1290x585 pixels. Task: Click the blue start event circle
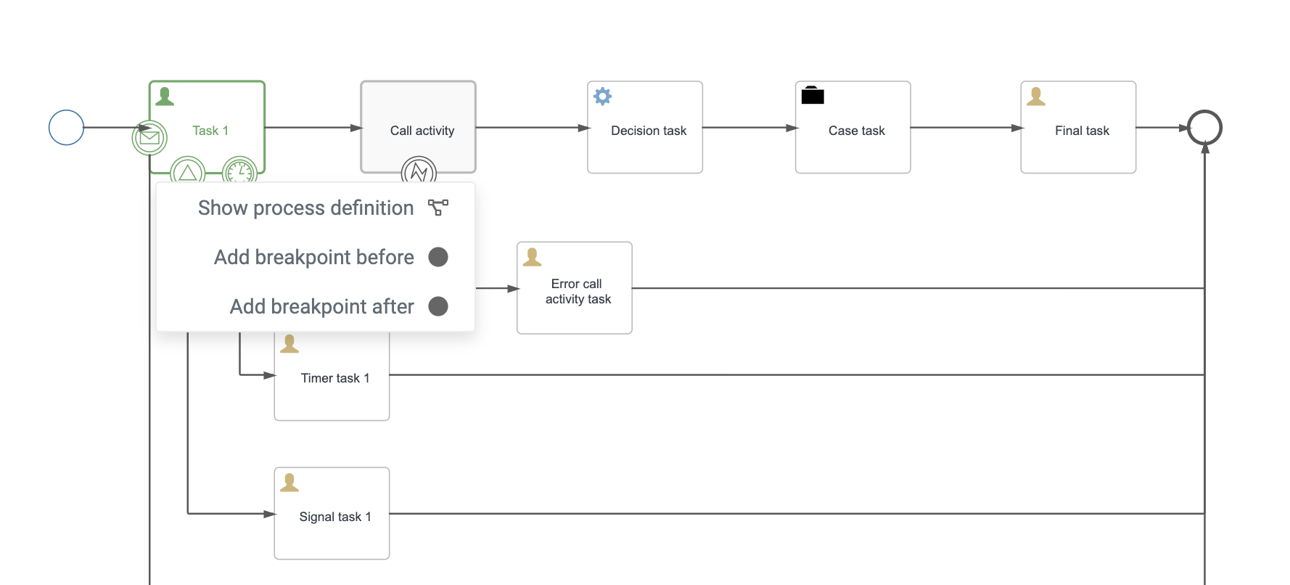(66, 128)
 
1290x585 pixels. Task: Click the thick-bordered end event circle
(1204, 128)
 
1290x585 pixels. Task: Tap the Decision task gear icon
(603, 97)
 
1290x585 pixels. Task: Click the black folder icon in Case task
(813, 96)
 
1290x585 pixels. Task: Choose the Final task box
(1078, 128)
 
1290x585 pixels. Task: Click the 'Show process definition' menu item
(306, 208)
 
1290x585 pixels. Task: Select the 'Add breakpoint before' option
(314, 258)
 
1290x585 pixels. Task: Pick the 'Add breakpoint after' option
(322, 307)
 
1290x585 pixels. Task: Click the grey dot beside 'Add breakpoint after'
(438, 306)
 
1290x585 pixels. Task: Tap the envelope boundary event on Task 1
(149, 137)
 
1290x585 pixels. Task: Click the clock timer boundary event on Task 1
(239, 171)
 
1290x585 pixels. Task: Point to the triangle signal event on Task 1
(188, 171)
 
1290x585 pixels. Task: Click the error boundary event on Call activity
(419, 171)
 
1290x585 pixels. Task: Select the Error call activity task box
(574, 288)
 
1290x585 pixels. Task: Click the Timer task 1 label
(335, 378)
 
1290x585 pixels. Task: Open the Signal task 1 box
(332, 513)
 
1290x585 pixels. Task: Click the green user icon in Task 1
(165, 97)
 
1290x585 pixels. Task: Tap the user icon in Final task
(1036, 97)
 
